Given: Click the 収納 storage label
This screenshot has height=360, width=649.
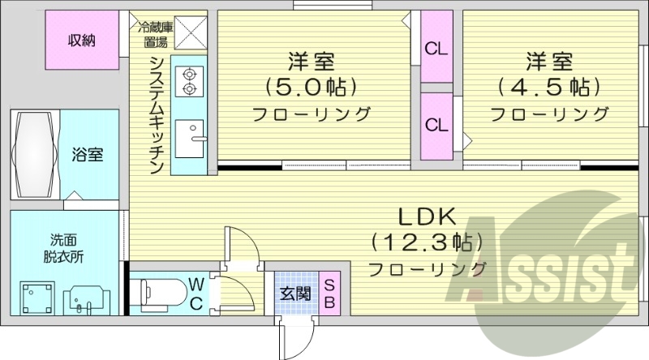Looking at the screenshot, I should (x=82, y=39).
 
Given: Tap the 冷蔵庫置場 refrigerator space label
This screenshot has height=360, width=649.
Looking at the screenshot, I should (x=155, y=33).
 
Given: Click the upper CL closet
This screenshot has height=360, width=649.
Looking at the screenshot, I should (x=436, y=47).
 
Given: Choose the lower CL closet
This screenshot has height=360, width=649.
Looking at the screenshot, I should (x=436, y=125).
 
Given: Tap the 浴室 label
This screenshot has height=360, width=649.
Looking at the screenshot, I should (x=86, y=154).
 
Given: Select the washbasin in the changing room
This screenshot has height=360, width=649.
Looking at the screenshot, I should (x=84, y=301).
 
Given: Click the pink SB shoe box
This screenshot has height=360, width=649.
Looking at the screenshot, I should (x=330, y=294).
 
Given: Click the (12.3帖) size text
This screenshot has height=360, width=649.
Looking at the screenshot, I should (x=427, y=242).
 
